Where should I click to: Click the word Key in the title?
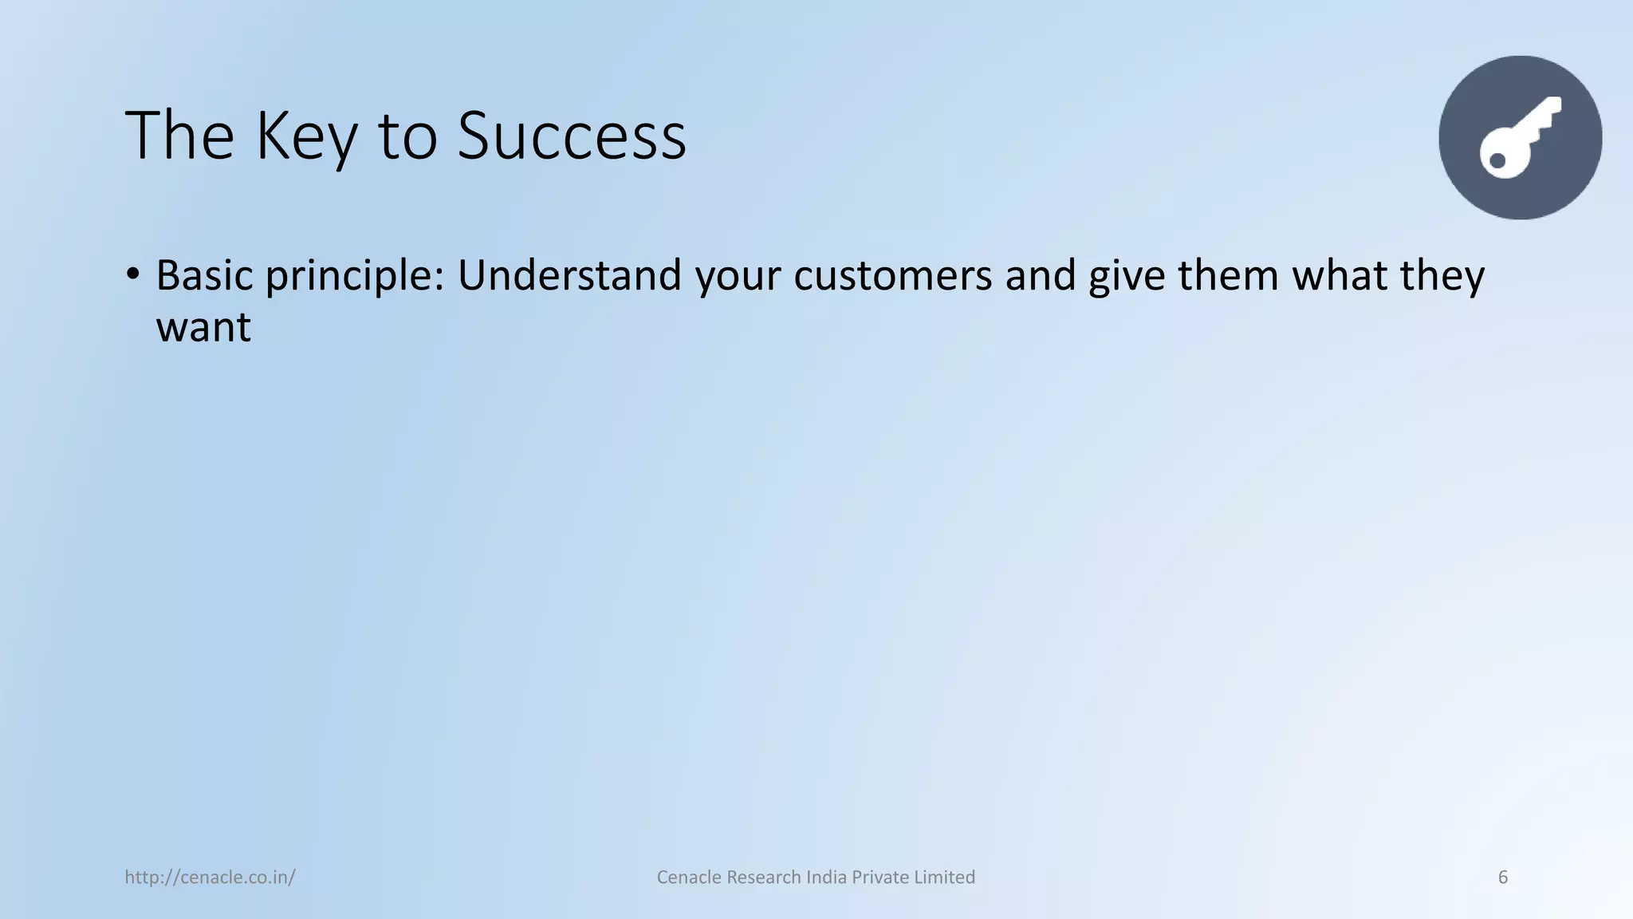click(x=306, y=137)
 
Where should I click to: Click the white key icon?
click(x=1520, y=138)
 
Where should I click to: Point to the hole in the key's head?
click(x=1497, y=161)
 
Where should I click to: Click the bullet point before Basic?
click(x=133, y=274)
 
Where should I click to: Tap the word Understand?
click(x=569, y=275)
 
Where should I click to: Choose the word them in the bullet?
click(x=1229, y=275)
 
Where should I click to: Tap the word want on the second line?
click(x=203, y=328)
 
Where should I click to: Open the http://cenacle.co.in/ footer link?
click(x=210, y=878)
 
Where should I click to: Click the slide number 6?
click(x=1502, y=878)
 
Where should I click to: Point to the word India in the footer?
click(x=826, y=878)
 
